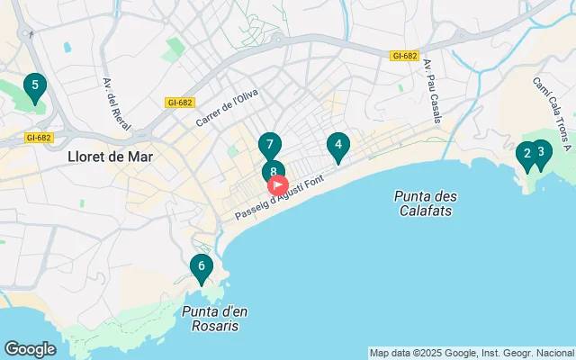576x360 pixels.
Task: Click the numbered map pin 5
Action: [34, 87]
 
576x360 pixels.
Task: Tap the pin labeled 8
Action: [274, 171]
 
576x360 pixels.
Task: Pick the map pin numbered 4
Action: [337, 145]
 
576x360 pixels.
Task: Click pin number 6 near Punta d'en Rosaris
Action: [202, 266]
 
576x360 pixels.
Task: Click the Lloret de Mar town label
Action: [110, 156]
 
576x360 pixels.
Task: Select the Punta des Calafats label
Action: [424, 203]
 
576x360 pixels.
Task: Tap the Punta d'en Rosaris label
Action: [214, 319]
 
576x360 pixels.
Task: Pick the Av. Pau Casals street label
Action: [432, 86]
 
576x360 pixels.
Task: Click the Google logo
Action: [30, 349]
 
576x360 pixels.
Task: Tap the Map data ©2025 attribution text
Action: [472, 353]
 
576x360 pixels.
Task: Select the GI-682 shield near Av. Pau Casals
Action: [405, 56]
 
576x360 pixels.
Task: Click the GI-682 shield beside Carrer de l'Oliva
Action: [179, 102]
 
